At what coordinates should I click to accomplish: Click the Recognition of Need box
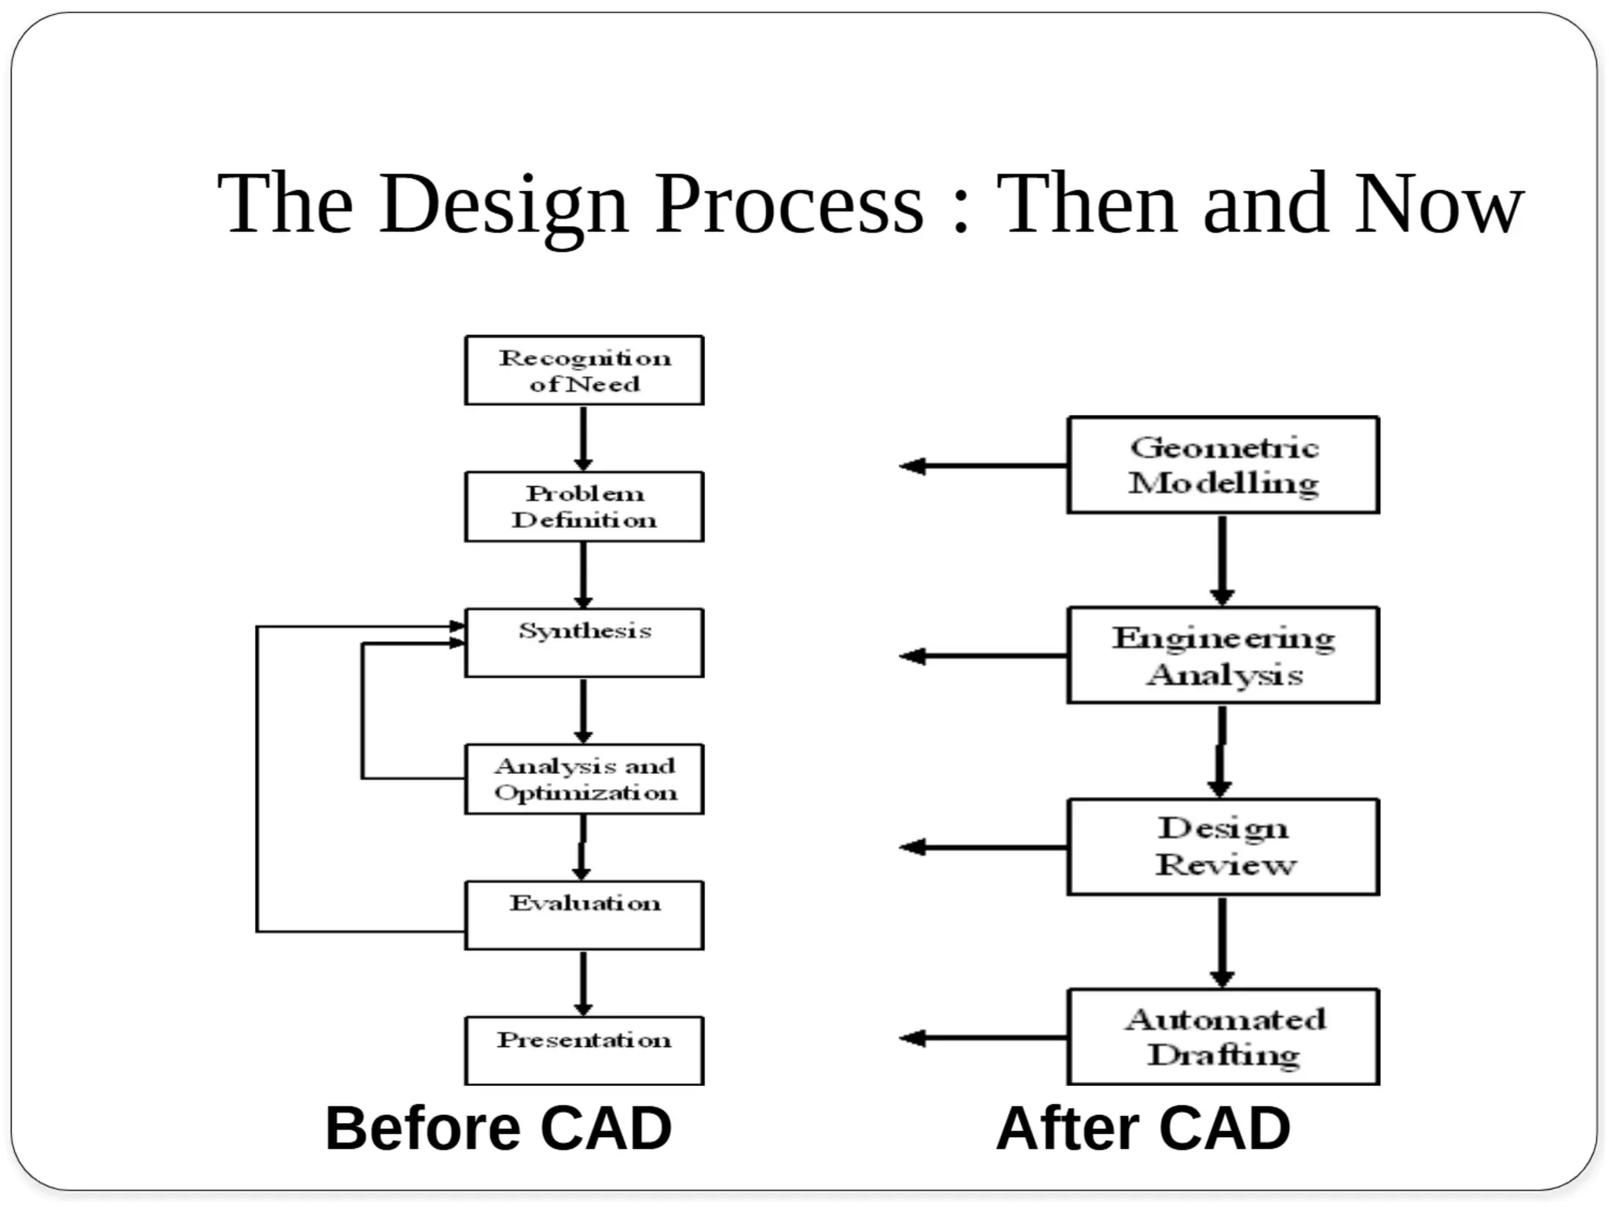tap(584, 370)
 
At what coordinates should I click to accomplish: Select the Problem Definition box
tap(584, 506)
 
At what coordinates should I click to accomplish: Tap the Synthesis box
tap(584, 642)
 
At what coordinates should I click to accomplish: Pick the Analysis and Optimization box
tap(584, 779)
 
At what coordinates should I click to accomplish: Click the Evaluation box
tap(584, 915)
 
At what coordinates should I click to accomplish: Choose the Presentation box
tap(584, 1051)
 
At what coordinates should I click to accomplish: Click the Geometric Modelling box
tap(1222, 465)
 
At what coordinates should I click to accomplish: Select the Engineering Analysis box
tap(1222, 655)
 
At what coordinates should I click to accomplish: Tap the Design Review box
tap(1222, 846)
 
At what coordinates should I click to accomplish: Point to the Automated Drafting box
tap(1222, 1036)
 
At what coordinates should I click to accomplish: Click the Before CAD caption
tap(498, 1128)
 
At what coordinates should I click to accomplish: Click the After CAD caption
tap(1143, 1128)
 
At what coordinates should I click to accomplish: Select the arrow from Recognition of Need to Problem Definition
tap(583, 438)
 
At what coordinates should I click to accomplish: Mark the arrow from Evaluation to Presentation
tap(583, 983)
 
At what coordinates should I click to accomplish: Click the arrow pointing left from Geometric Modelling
tap(982, 466)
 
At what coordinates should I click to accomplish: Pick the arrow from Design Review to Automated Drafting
tap(1222, 941)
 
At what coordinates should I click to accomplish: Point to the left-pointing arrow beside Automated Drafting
tap(982, 1038)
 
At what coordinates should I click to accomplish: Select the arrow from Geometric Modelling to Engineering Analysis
tap(1222, 559)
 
